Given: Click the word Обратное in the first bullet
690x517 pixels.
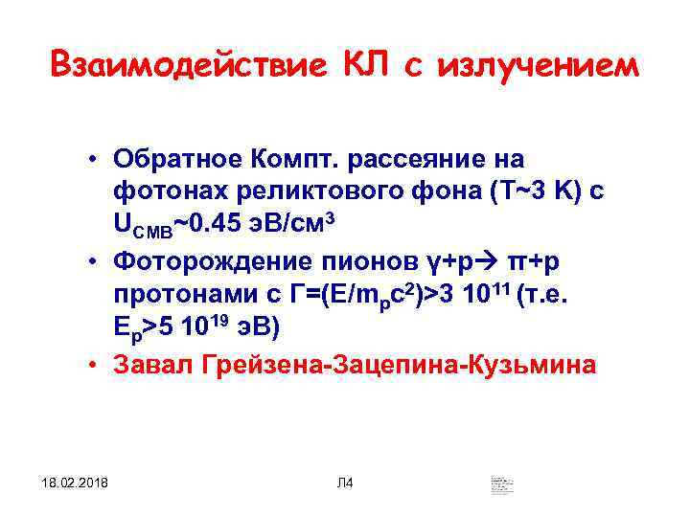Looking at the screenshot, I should point(178,157).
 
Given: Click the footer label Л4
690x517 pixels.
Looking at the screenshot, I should point(345,481).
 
